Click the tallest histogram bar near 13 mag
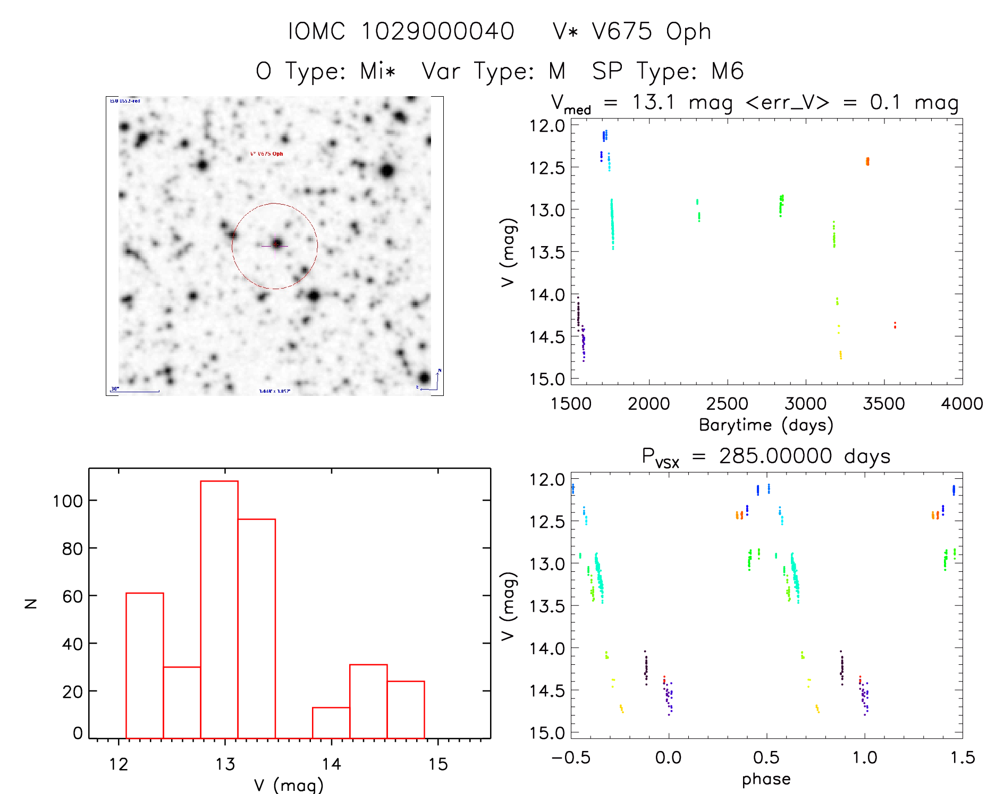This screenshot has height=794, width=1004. tap(219, 609)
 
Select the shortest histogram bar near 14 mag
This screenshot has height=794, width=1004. tap(331, 723)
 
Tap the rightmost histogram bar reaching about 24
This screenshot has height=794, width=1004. tap(406, 709)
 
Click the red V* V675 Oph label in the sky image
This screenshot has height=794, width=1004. tap(267, 154)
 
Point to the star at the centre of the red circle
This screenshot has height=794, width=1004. tap(276, 244)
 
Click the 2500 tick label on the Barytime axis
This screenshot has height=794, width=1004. tap(727, 404)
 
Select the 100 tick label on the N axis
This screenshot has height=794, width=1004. tap(68, 501)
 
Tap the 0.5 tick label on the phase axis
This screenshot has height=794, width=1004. tap(766, 758)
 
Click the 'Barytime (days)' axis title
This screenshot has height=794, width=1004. tap(766, 425)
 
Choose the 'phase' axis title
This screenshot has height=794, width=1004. tap(766, 779)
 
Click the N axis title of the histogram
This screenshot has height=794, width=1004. tap(31, 603)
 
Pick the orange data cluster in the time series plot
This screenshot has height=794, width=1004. tap(867, 161)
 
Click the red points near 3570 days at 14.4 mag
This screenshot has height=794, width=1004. tap(895, 325)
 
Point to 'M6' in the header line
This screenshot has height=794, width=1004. tap(727, 71)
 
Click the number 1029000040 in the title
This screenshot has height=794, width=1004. tap(438, 31)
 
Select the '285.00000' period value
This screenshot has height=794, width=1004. tap(775, 457)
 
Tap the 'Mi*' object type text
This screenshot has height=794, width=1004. tap(377, 71)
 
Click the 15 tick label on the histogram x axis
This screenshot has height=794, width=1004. tap(438, 765)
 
